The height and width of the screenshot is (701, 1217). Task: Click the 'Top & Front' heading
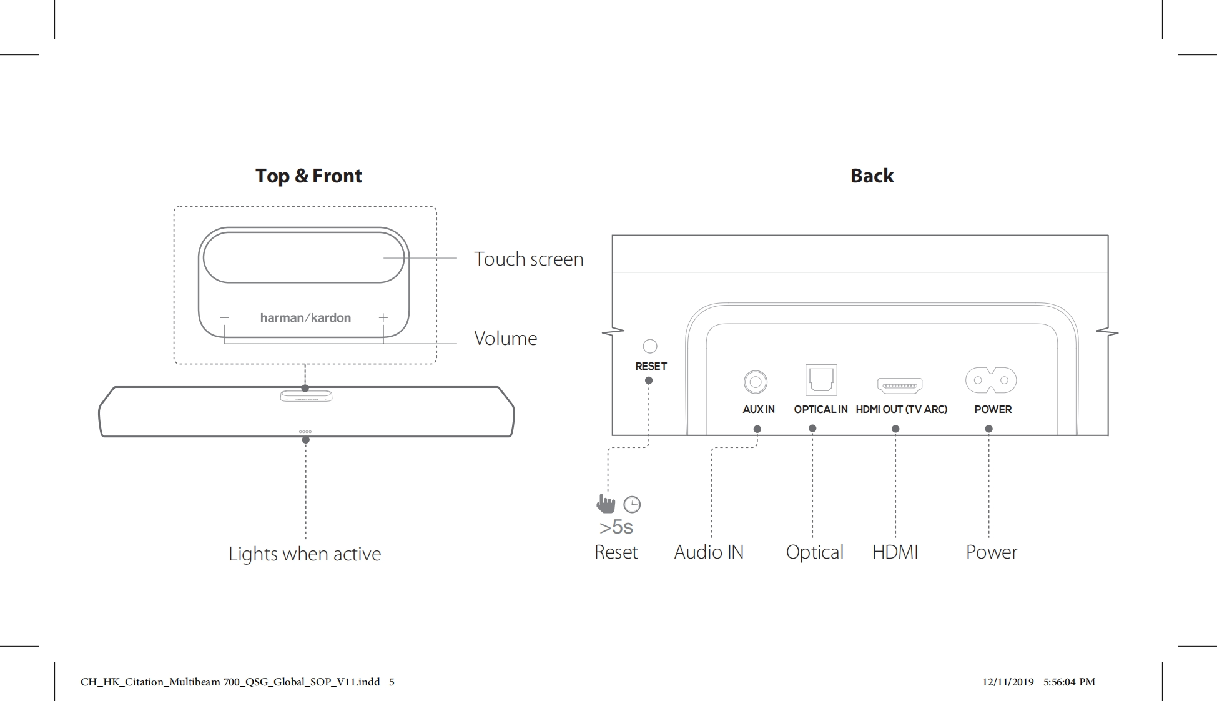point(308,176)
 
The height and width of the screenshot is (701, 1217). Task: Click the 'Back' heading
point(872,176)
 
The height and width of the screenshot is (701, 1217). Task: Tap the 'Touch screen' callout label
point(528,259)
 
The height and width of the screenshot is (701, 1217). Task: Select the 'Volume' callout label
point(505,339)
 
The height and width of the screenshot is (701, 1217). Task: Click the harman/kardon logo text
point(305,318)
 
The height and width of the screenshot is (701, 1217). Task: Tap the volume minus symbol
point(224,318)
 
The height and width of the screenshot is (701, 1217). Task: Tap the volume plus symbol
point(383,318)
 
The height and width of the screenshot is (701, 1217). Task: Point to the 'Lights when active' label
point(305,554)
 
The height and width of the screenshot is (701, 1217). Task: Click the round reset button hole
point(650,346)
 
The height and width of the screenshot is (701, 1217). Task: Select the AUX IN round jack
point(756,382)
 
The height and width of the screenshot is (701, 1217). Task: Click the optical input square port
point(821,380)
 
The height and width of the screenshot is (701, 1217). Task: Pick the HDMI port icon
point(900,385)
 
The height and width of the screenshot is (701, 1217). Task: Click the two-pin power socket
point(991,380)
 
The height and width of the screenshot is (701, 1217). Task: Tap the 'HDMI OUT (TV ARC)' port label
point(901,410)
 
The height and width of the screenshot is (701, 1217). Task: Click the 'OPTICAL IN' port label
point(820,410)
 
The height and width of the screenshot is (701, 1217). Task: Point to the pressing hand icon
point(606,504)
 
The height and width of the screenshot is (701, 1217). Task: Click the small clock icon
point(632,504)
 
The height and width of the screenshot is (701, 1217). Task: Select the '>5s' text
point(616,527)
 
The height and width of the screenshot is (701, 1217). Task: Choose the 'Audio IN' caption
point(709,552)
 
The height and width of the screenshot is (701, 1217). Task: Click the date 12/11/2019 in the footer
point(1008,682)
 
